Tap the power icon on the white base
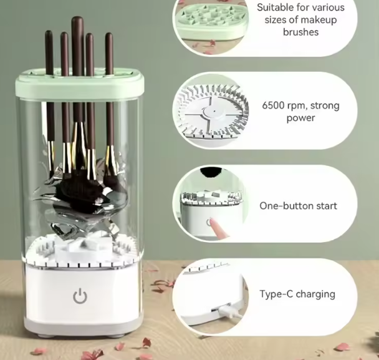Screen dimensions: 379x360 click(80, 296)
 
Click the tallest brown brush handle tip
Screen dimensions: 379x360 click(77, 19)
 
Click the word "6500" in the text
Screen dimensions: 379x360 click(272, 105)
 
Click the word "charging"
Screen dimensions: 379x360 click(315, 294)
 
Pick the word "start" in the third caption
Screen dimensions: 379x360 click(325, 206)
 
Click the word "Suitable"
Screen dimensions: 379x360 click(274, 7)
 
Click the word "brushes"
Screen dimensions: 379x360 click(300, 32)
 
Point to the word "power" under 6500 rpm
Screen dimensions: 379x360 click(300, 119)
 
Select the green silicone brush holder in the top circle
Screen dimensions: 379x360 click(211, 20)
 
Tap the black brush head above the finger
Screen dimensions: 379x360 click(211, 172)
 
